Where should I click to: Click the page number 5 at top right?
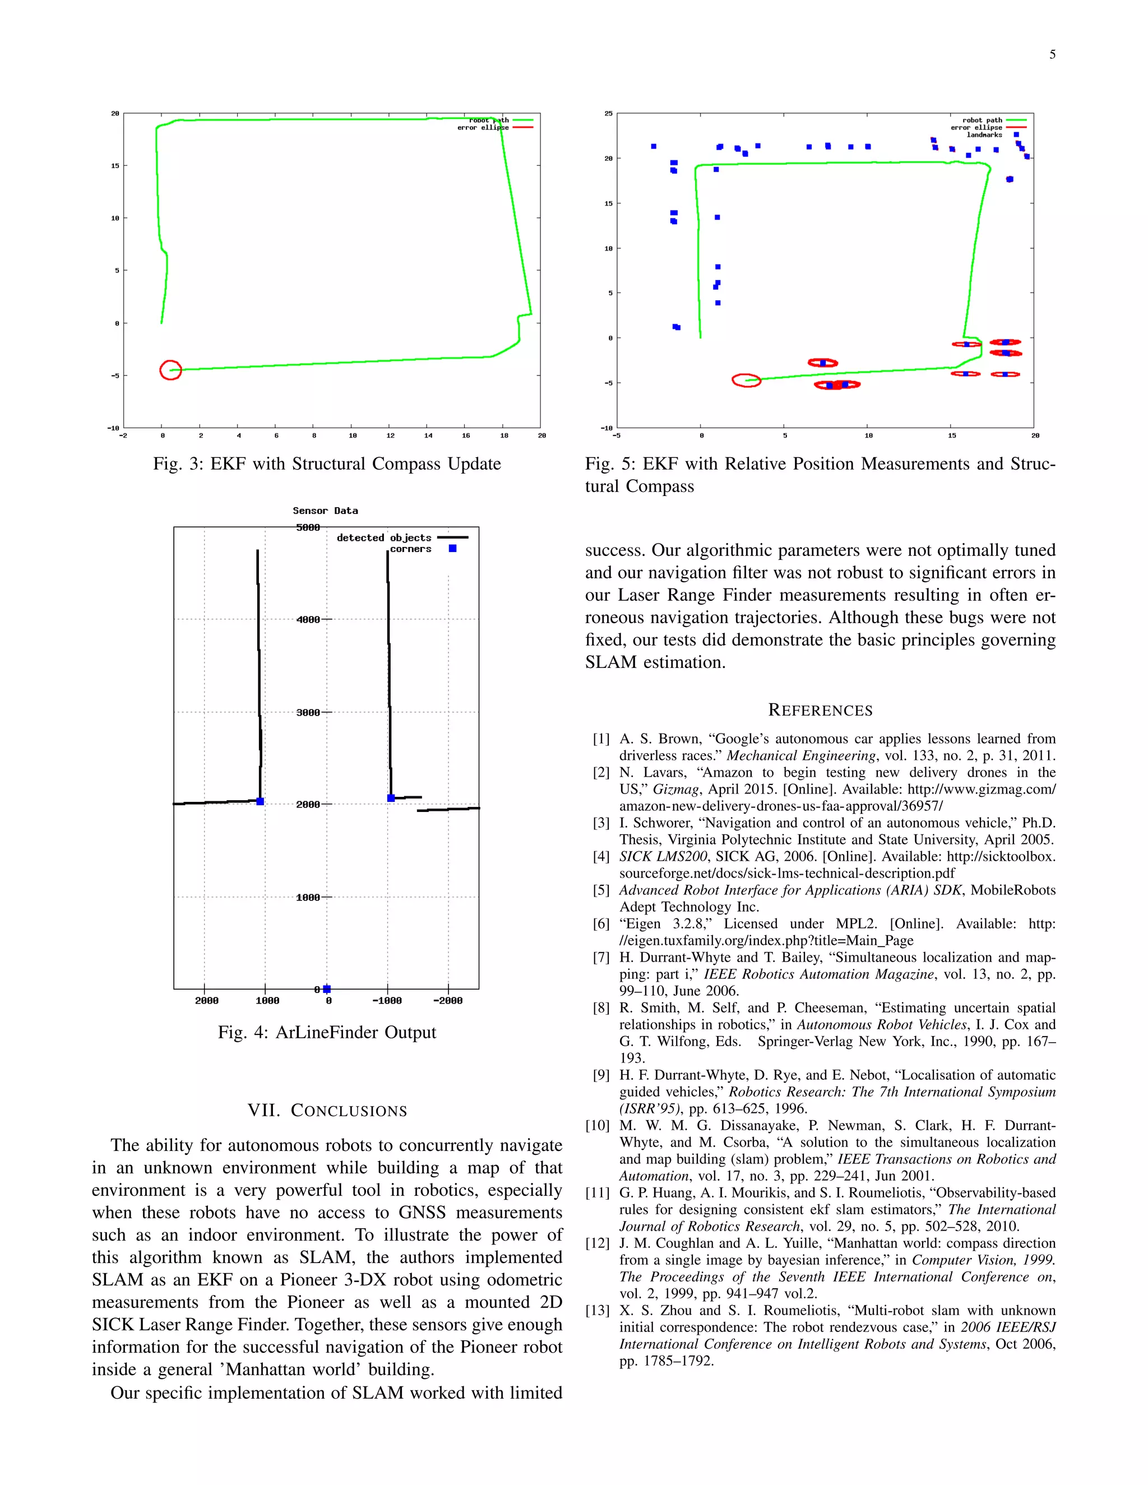click(x=1052, y=55)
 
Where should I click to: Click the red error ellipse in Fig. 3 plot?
click(x=170, y=370)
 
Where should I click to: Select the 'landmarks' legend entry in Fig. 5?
click(x=985, y=135)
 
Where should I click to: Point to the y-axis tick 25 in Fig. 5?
click(x=608, y=114)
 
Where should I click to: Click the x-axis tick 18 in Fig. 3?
click(x=504, y=435)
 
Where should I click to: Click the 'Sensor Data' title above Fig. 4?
click(x=325, y=511)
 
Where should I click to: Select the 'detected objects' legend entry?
click(x=383, y=538)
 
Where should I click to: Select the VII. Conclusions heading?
click(x=327, y=1110)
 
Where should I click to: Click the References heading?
click(x=820, y=711)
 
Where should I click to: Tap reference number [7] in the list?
click(x=601, y=957)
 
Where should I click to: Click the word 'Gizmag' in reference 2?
click(x=675, y=790)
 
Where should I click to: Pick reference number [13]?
click(x=598, y=1310)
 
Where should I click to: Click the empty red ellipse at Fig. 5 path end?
click(x=746, y=380)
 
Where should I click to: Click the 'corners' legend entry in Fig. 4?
click(x=410, y=549)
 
